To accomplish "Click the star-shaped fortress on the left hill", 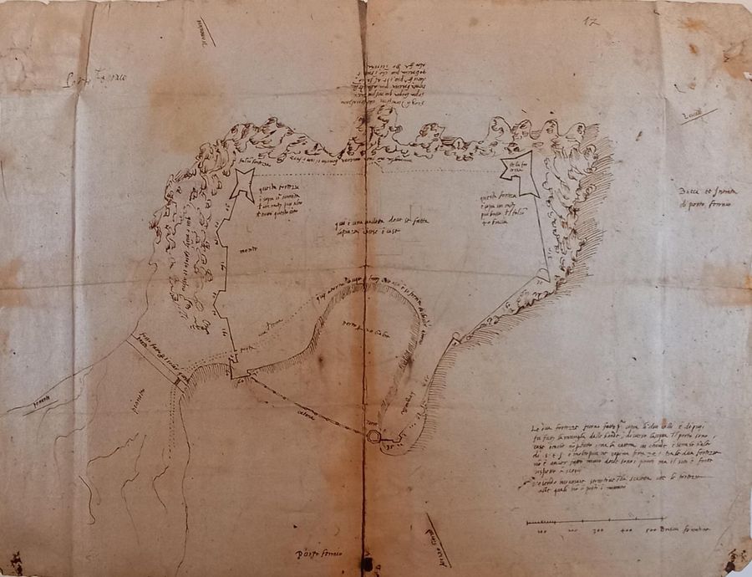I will click(x=243, y=183).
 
